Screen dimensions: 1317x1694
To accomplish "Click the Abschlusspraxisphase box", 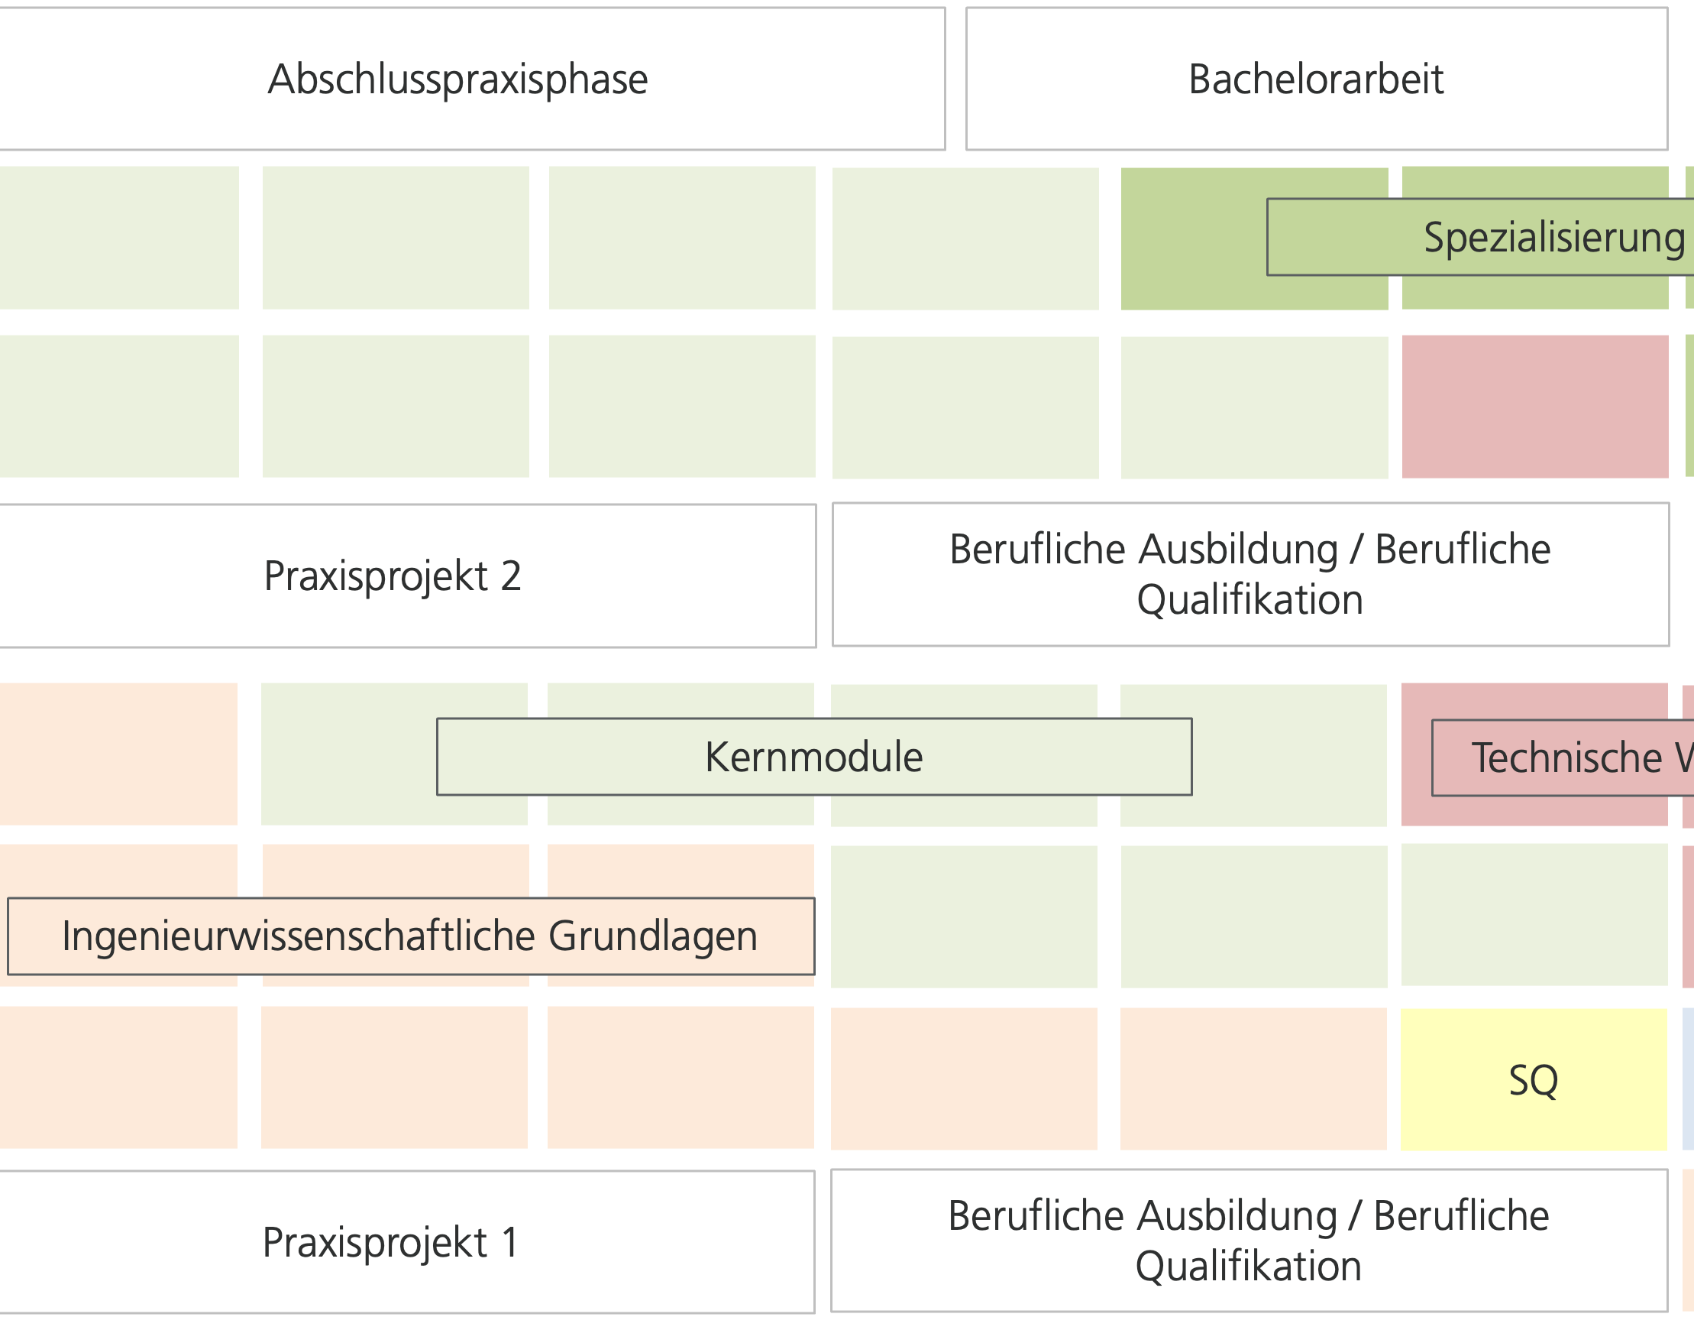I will click(457, 79).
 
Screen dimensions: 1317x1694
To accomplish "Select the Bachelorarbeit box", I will click(1316, 79).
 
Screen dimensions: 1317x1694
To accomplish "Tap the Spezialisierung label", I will click(1554, 238).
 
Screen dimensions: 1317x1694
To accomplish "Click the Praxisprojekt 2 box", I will click(393, 576).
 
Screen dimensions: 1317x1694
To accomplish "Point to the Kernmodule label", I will click(813, 757).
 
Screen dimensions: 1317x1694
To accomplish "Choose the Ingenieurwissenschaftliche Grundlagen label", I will click(409, 936).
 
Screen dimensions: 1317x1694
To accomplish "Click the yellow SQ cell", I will click(1534, 1079).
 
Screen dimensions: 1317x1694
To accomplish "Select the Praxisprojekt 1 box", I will click(391, 1243).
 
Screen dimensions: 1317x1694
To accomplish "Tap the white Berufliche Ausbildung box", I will click(1249, 1241).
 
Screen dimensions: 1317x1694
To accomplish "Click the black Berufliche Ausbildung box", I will click(1249, 574).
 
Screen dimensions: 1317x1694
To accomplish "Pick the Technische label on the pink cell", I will click(1566, 758).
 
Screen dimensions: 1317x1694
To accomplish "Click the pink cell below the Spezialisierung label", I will click(1534, 406).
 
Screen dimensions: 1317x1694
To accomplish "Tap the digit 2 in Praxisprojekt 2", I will click(511, 576).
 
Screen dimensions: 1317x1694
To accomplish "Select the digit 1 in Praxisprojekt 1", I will click(509, 1243).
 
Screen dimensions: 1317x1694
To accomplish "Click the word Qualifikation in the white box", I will click(1248, 1267).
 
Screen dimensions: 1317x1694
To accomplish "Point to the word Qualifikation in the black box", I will click(1249, 600).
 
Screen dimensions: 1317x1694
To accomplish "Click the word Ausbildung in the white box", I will click(1240, 1216).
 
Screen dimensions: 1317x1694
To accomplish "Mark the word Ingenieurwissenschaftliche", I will click(299, 936).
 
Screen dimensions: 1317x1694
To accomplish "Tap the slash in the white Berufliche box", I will click(1354, 1216).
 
